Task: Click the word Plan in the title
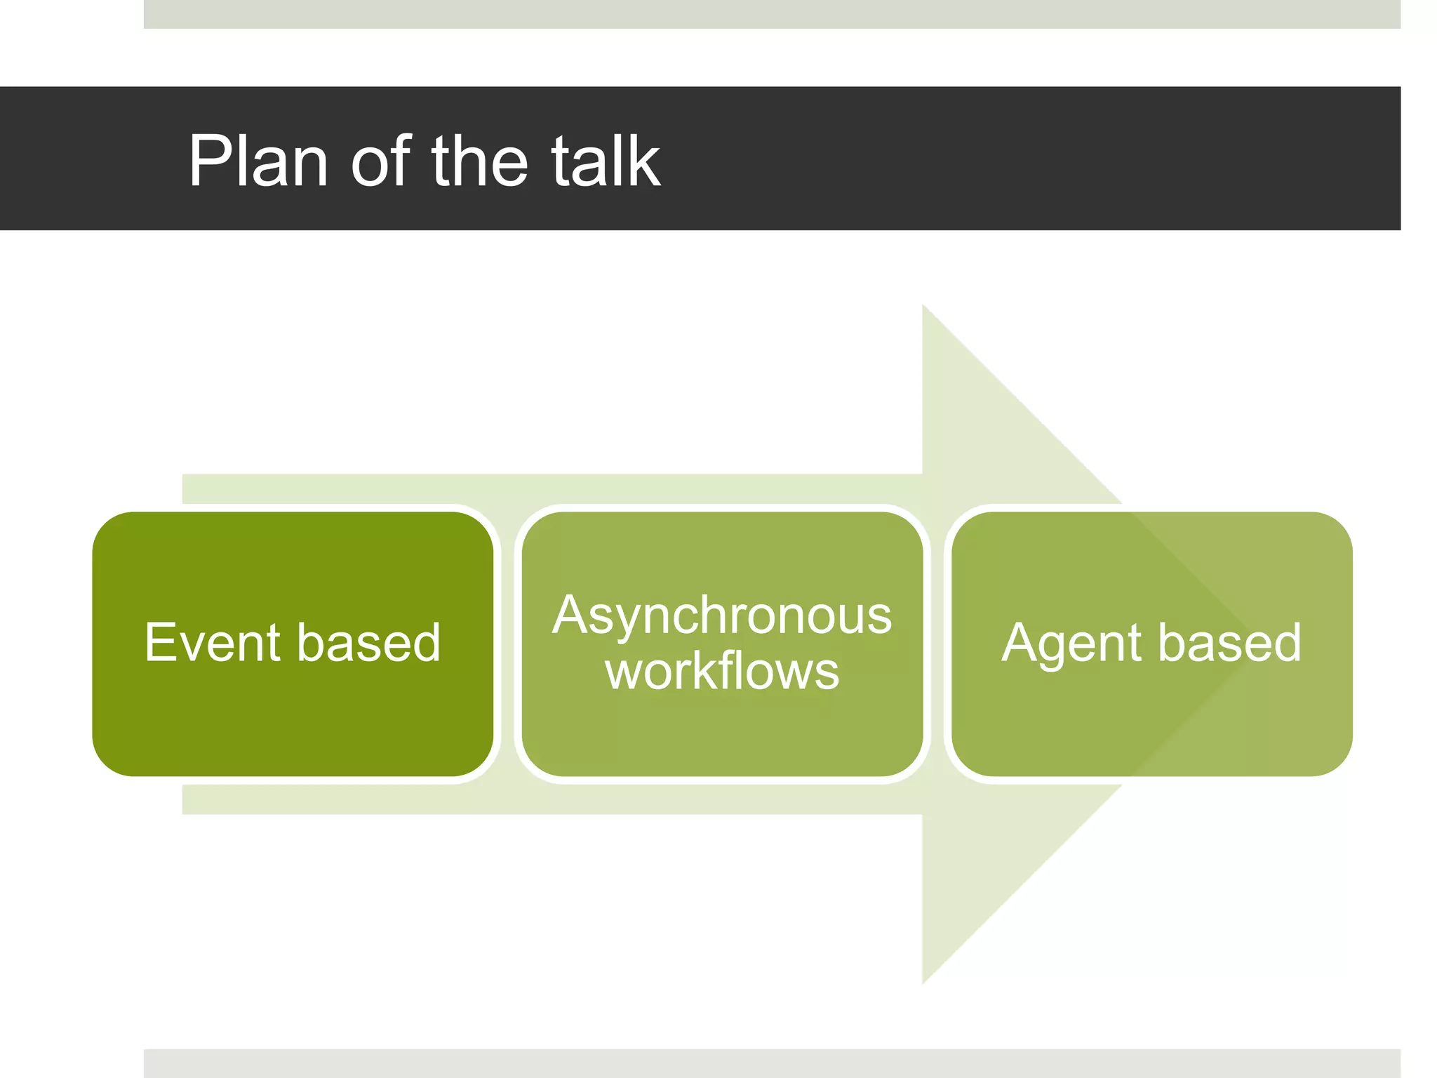tap(258, 161)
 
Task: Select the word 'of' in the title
tap(380, 161)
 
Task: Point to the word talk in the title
tap(605, 161)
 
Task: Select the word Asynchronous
tap(722, 615)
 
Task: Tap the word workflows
tap(722, 671)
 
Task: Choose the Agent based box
tap(1151, 730)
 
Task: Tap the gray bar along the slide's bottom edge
tap(772, 1063)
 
